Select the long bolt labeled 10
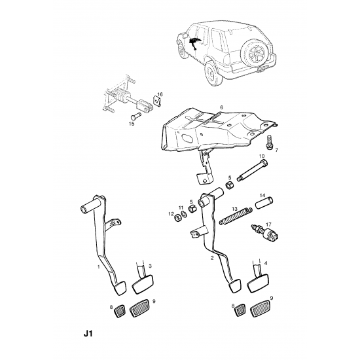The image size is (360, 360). tap(253, 171)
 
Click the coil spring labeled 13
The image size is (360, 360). tap(236, 215)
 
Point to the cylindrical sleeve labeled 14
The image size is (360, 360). tap(264, 202)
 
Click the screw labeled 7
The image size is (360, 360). tap(270, 143)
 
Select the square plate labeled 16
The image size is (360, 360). tap(156, 101)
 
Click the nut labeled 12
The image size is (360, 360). tap(177, 218)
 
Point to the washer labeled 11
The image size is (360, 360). tap(184, 214)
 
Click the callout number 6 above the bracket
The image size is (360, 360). tap(221, 107)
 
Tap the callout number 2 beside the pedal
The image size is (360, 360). tap(212, 258)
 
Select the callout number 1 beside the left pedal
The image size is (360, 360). tap(99, 266)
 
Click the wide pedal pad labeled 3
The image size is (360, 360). tap(143, 284)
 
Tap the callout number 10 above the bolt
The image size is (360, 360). tap(262, 156)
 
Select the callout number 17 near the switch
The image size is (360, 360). tap(268, 224)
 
